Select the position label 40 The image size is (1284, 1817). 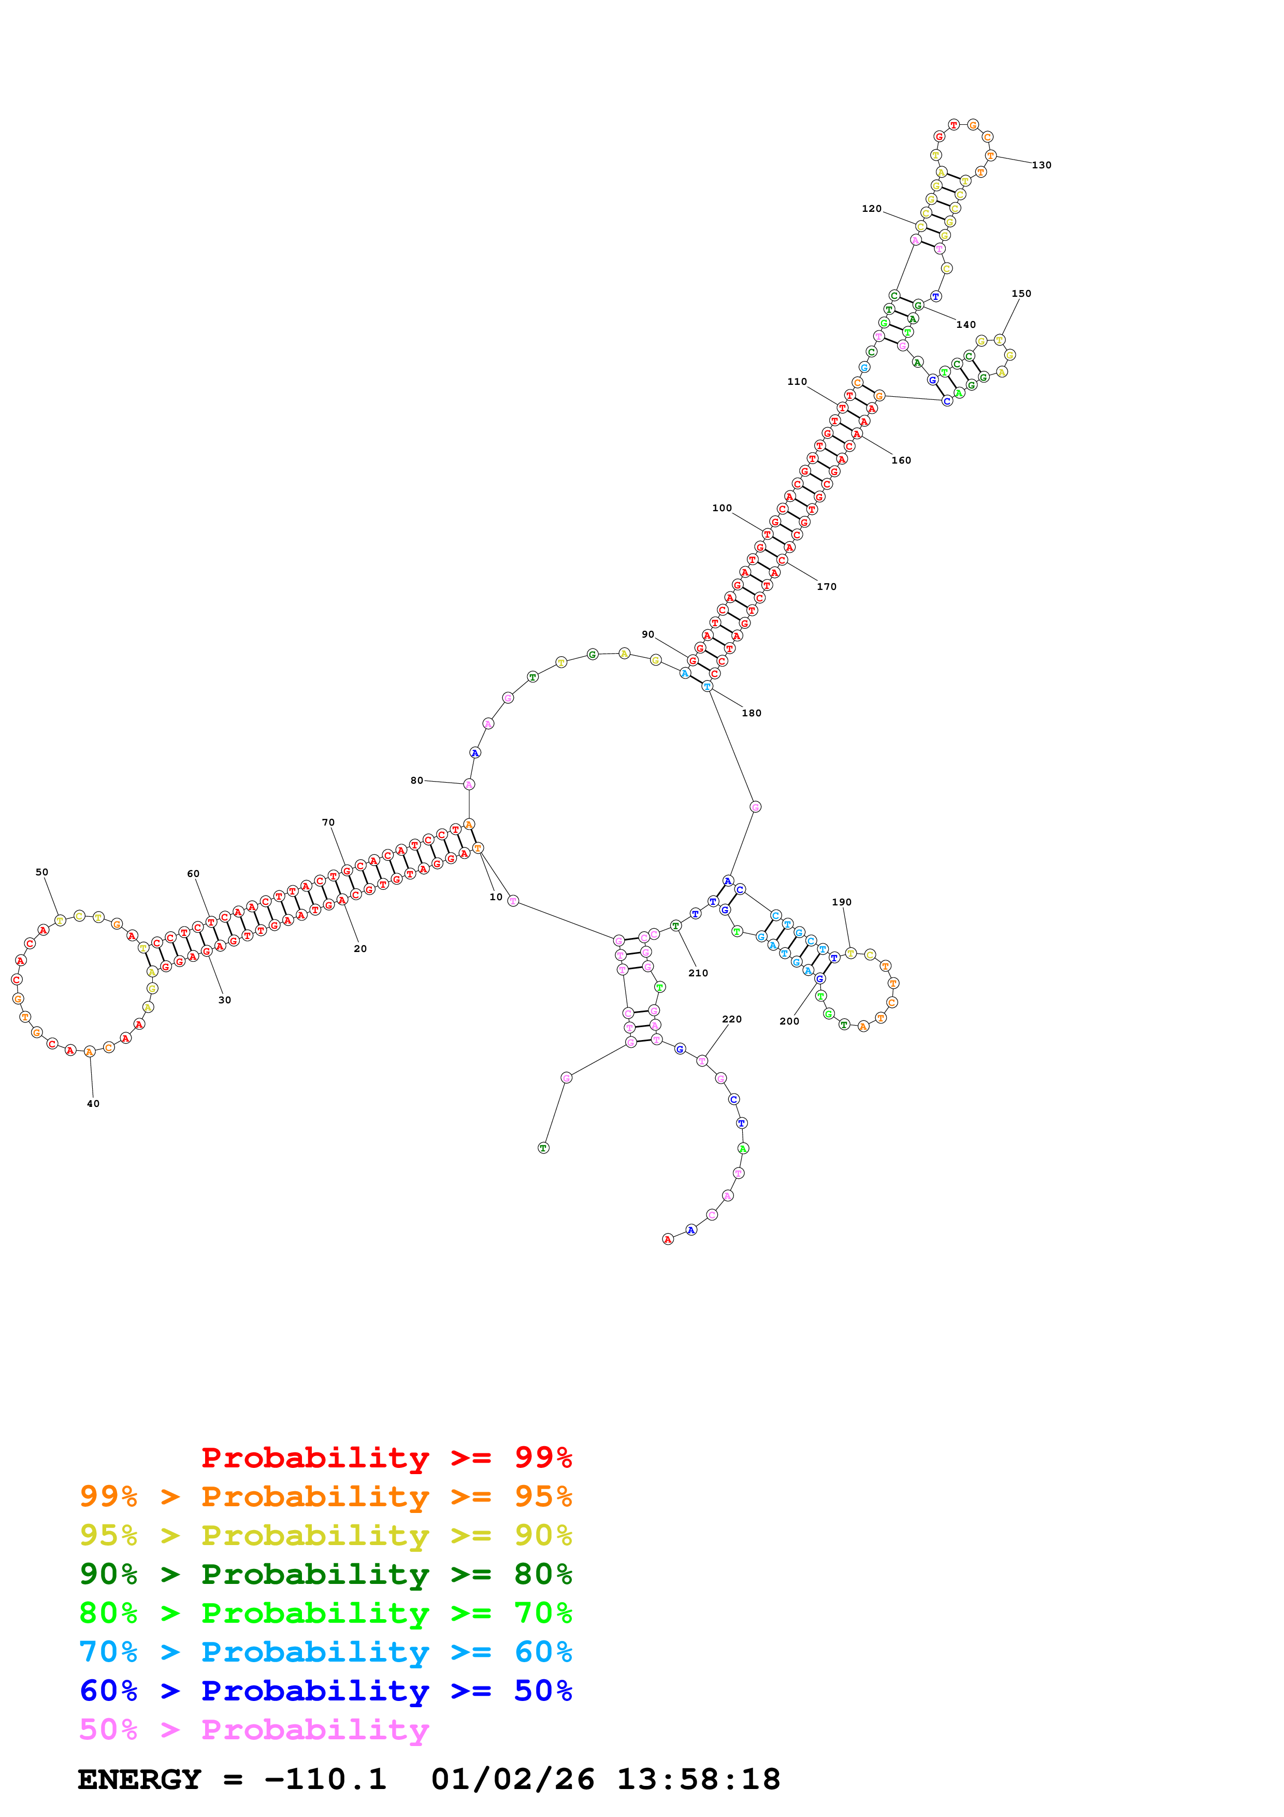93,1104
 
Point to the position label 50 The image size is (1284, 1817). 42,872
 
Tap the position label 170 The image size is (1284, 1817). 826,586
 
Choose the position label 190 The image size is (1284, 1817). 841,902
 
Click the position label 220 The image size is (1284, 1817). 732,1019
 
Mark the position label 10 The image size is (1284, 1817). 496,898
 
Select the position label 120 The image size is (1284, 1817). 871,209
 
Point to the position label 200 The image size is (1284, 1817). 789,1021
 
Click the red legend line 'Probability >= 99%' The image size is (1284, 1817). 387,1458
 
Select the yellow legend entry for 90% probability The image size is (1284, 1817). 325,1535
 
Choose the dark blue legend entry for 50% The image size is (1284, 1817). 325,1691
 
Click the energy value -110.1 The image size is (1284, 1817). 325,1780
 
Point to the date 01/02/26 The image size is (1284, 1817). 513,1780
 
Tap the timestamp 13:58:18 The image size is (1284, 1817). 699,1780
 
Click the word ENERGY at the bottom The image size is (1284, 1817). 139,1780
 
